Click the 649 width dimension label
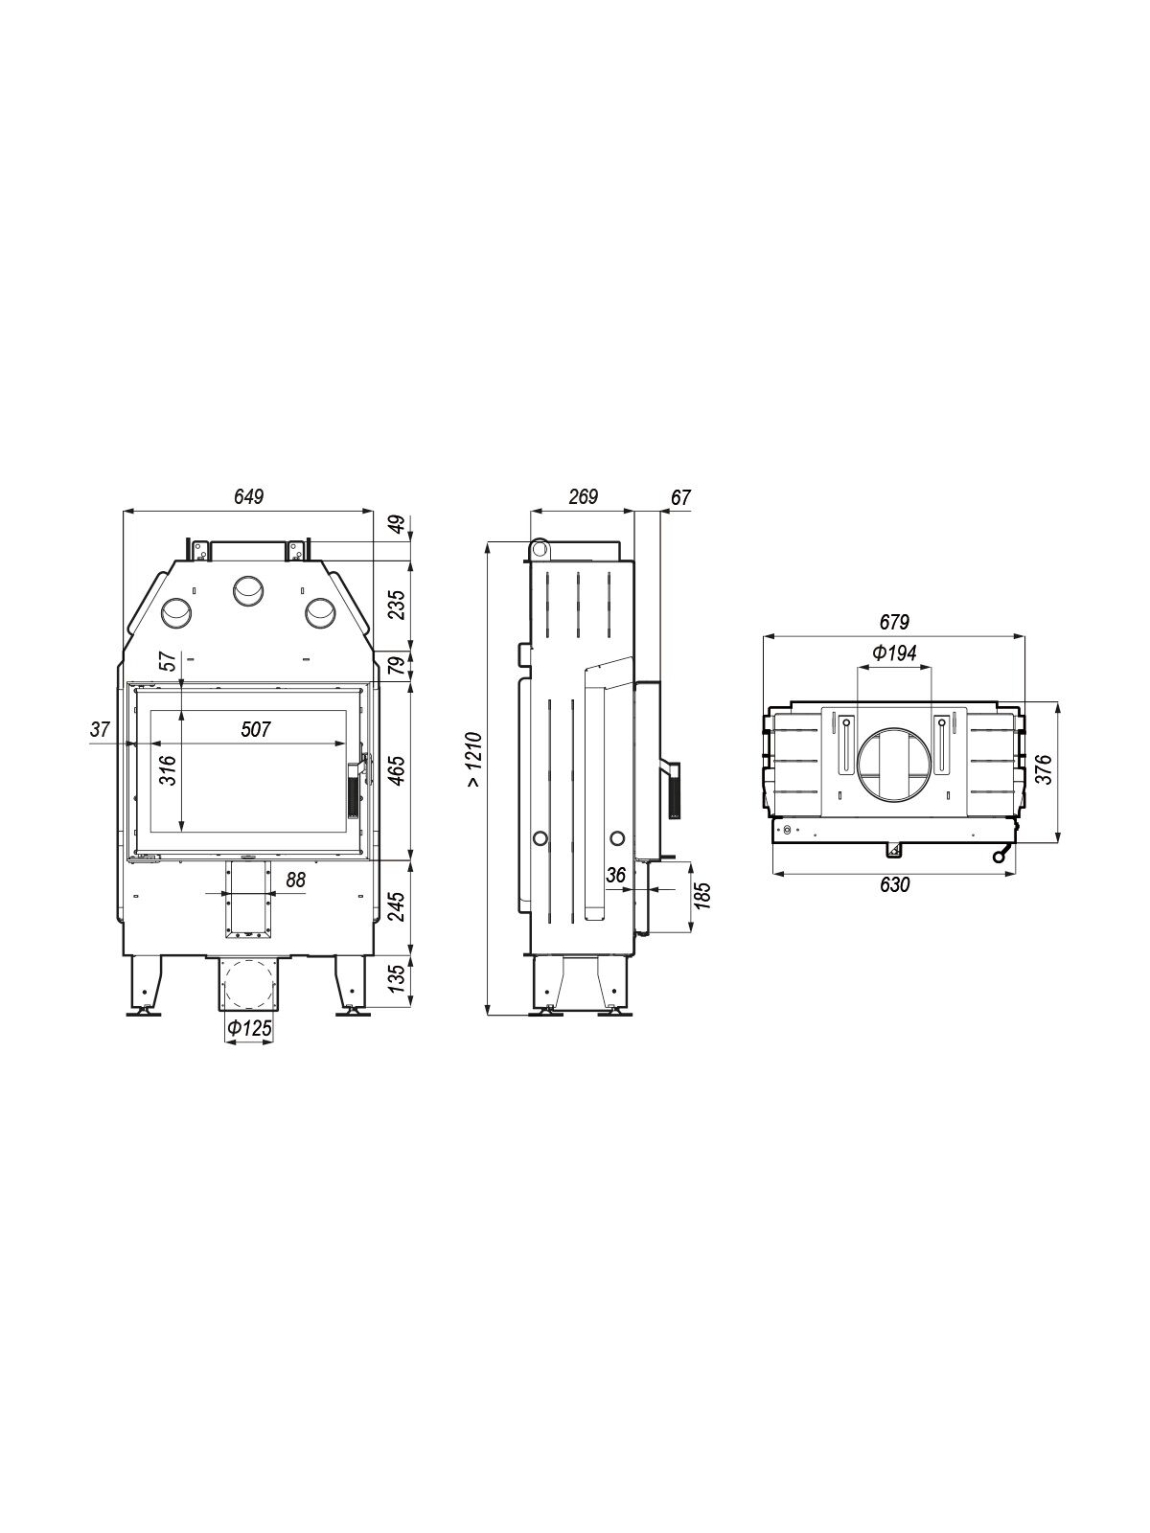249,496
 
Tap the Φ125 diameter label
248,1028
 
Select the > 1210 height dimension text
474,761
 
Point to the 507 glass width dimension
256,729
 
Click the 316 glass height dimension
168,770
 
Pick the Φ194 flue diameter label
894,653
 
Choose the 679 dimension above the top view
894,621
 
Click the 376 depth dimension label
1044,769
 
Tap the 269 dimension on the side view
583,496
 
